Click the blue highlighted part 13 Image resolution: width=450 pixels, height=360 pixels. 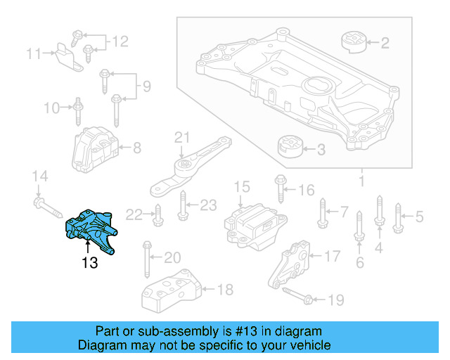[90, 226]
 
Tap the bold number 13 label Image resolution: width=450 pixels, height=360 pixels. [89, 264]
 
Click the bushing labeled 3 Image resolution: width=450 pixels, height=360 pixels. [290, 148]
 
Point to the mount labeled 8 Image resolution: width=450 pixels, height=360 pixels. [96, 148]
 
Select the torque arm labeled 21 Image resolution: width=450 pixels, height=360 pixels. [188, 167]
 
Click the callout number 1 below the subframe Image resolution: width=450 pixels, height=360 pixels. [361, 183]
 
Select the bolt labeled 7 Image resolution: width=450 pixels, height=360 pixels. [323, 212]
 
